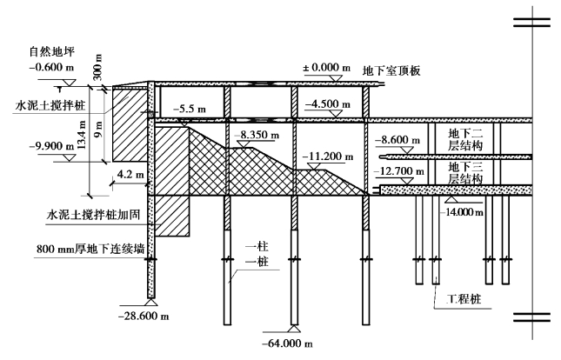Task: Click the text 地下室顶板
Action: click(391, 70)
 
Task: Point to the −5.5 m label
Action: click(189, 110)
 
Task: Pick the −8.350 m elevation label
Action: click(257, 137)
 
